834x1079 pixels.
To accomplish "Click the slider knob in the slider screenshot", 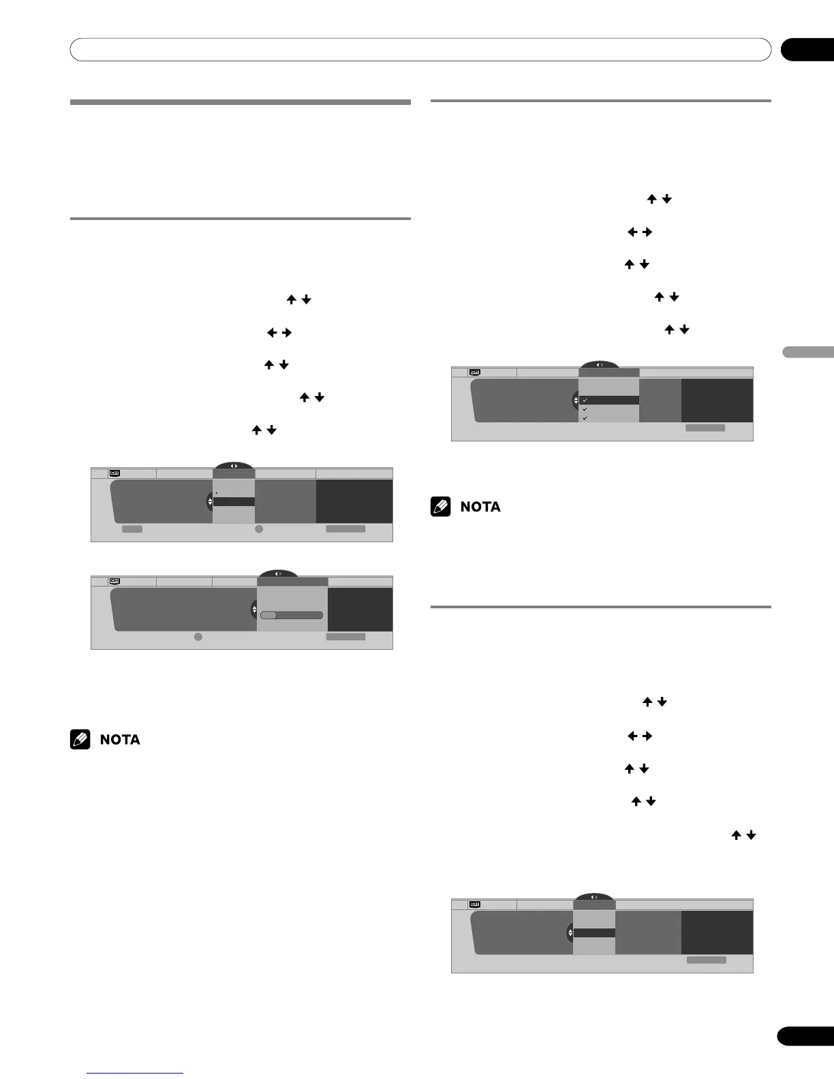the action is click(268, 614).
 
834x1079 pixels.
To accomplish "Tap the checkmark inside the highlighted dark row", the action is click(585, 401).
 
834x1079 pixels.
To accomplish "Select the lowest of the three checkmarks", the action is click(585, 418).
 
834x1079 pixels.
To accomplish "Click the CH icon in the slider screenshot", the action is click(114, 581).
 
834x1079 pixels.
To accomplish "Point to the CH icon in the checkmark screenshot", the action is click(475, 372).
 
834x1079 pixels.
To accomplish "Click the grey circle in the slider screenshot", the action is click(198, 637).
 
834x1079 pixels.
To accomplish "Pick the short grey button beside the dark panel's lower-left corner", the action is click(132, 529).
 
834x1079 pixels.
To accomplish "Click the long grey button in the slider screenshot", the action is click(345, 637).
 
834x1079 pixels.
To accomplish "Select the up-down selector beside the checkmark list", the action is click(576, 401).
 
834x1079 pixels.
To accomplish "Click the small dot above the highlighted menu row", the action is click(217, 492).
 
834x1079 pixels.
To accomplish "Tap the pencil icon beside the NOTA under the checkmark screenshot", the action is click(440, 507).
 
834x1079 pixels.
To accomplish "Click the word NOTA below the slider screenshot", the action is click(120, 740).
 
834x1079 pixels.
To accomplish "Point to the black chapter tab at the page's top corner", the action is click(807, 50).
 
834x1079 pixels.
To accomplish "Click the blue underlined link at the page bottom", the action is click(135, 1074).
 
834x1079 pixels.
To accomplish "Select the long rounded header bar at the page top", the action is click(420, 50).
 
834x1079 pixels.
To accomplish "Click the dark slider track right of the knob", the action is click(300, 614).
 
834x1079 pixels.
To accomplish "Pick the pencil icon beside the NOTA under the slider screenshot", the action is click(80, 740).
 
